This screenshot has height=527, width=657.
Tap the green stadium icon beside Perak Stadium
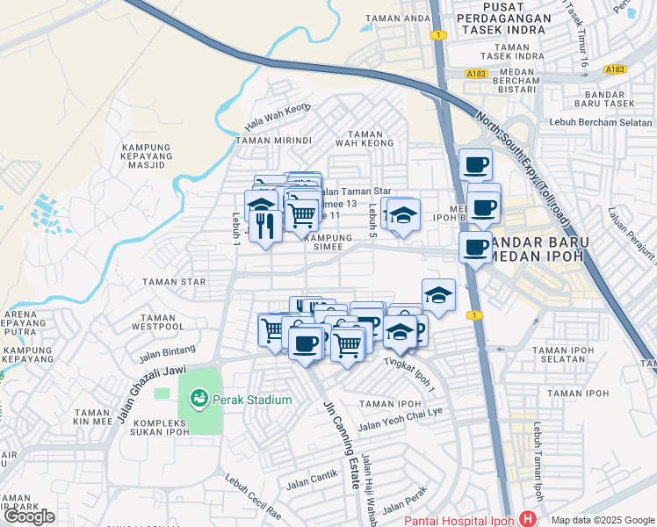pos(199,400)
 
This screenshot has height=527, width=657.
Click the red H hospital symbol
pos(527,519)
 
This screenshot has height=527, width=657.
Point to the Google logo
pos(29,516)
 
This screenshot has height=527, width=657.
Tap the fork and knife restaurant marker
pos(265,225)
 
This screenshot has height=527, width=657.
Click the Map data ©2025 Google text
pos(603,520)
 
